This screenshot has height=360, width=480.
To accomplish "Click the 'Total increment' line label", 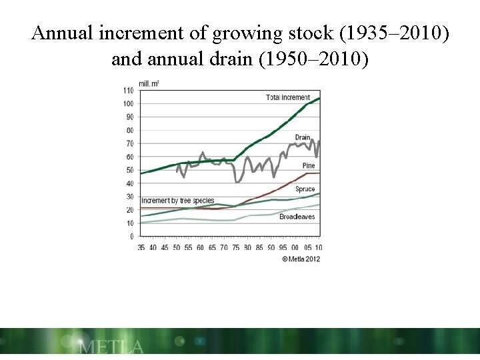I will [287, 97].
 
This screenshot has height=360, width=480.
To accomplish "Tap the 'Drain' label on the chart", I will [303, 137].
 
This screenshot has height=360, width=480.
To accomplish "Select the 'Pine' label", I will [308, 165].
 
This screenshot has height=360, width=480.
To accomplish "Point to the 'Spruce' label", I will [305, 189].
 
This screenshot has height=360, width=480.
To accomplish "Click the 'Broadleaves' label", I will [297, 217].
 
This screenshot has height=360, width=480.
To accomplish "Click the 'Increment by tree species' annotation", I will [177, 200].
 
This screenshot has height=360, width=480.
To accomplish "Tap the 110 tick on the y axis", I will [127, 90].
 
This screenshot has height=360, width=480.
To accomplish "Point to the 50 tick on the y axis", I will [129, 170].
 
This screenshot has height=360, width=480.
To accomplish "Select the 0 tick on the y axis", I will [131, 237].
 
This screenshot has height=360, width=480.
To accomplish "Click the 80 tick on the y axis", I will [129, 130].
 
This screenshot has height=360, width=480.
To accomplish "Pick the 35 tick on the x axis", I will [141, 247].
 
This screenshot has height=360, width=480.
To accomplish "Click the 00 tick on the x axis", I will [295, 247].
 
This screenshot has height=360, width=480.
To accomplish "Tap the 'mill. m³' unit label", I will [149, 83].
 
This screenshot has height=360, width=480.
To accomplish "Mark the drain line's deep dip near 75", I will [237, 181].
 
